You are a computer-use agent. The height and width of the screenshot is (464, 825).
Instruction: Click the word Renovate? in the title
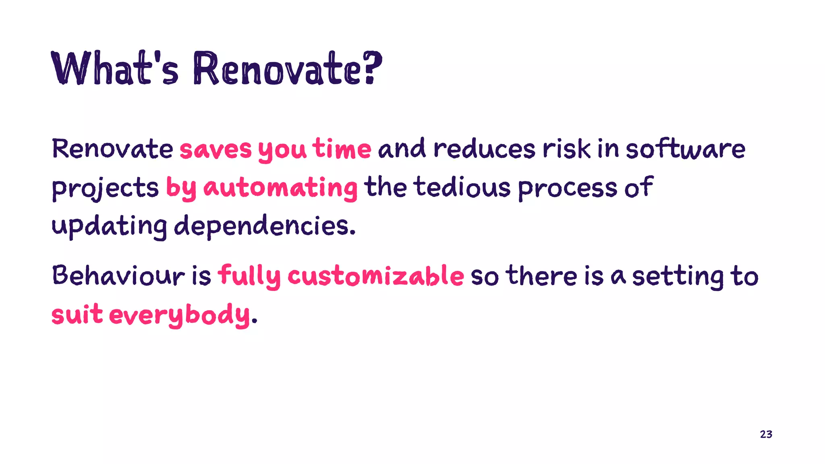tap(287, 68)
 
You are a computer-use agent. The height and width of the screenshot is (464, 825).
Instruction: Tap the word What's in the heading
tap(114, 68)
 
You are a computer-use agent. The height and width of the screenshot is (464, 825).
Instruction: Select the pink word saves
tap(216, 149)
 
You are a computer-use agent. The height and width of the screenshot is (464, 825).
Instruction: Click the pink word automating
tap(280, 188)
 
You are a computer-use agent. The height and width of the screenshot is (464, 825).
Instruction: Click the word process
tap(567, 188)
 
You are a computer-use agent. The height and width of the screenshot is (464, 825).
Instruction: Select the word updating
tap(109, 226)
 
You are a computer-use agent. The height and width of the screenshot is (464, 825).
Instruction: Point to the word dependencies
tap(265, 226)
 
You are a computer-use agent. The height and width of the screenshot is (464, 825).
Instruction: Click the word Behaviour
tap(118, 276)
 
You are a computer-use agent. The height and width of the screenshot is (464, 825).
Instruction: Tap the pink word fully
tap(249, 276)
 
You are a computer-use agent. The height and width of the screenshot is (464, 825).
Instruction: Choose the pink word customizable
tap(375, 276)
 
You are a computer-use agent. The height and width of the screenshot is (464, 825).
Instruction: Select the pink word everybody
tap(179, 315)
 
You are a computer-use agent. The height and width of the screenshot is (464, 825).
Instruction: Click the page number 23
tap(766, 434)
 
